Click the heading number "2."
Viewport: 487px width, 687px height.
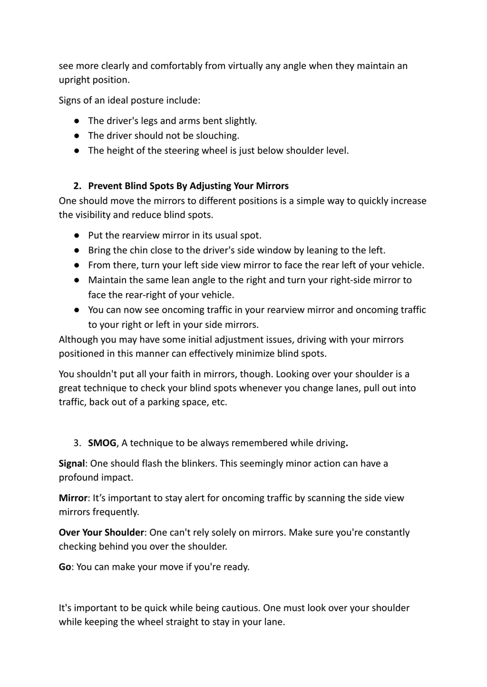(77, 186)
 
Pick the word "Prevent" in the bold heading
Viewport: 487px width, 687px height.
(105, 186)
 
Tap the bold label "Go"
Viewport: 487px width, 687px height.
(65, 567)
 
